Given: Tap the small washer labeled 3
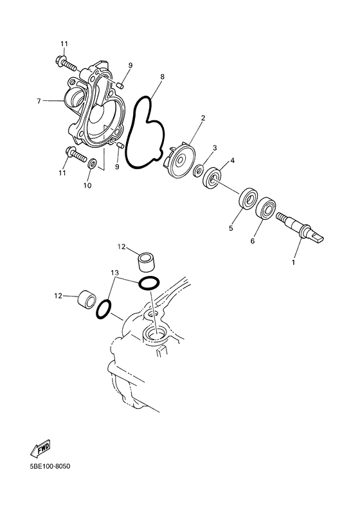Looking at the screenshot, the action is [198, 170].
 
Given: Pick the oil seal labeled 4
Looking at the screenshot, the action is [212, 178].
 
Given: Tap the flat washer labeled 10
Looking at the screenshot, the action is [91, 162].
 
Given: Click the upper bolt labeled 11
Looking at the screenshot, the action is [66, 64].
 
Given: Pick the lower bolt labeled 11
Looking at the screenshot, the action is [76, 155].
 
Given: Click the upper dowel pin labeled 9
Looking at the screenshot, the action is [120, 86].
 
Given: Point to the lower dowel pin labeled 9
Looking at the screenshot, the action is [119, 145].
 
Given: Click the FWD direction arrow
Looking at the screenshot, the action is [40, 448].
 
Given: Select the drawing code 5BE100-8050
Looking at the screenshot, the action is [50, 467].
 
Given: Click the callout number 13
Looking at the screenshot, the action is [114, 272].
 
